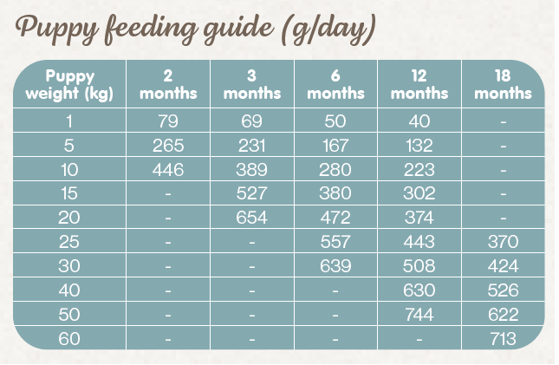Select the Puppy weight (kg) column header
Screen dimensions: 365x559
point(70,84)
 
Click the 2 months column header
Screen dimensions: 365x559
point(168,84)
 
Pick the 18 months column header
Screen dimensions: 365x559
point(503,84)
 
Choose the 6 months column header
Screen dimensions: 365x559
point(335,84)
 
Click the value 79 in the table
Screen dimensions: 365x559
point(168,121)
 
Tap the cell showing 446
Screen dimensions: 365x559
point(168,169)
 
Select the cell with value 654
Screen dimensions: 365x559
point(251,218)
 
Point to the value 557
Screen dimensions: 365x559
point(335,242)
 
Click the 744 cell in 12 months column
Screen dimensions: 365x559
point(419,315)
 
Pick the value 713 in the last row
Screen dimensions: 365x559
point(503,339)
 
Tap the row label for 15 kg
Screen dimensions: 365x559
point(70,193)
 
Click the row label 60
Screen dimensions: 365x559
point(70,339)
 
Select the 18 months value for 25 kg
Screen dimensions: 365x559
point(503,242)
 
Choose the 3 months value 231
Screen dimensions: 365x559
point(251,145)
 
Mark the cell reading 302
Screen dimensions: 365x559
point(419,193)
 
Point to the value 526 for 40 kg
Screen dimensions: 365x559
point(503,290)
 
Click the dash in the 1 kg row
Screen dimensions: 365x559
point(503,121)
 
